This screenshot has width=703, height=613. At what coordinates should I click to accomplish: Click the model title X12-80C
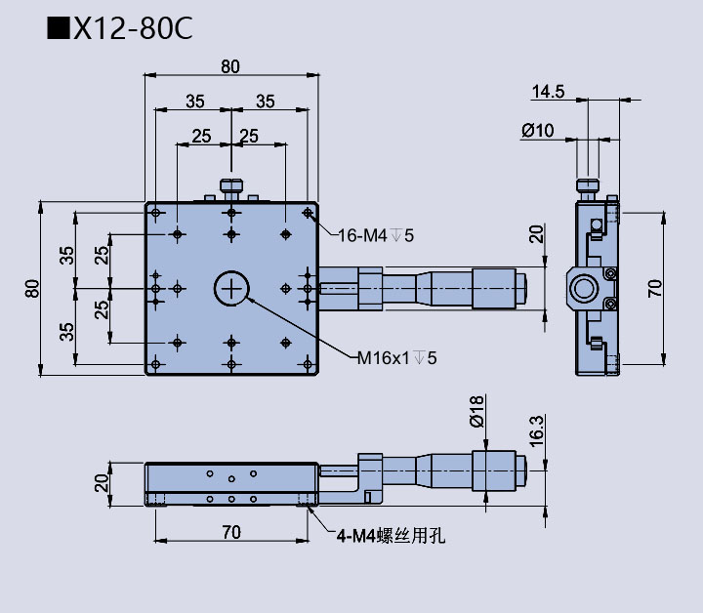[x=132, y=29]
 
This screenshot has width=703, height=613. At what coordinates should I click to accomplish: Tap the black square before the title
[x=58, y=29]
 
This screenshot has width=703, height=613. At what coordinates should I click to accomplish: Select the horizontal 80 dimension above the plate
[x=230, y=66]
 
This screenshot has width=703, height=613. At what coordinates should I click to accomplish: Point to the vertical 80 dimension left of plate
[x=33, y=289]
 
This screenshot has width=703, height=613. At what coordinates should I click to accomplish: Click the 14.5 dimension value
[x=548, y=92]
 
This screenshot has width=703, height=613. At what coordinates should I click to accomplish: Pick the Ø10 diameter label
[x=538, y=130]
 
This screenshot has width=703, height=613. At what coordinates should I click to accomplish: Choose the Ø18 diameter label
[x=476, y=411]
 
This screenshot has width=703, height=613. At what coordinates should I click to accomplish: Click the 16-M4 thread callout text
[x=377, y=234]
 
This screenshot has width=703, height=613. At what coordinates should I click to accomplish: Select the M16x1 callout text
[x=395, y=358]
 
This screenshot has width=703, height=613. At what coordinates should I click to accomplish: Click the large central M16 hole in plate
[x=231, y=288]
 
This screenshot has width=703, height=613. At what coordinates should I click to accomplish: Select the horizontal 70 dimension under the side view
[x=230, y=532]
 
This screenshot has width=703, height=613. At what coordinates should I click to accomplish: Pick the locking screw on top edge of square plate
[x=231, y=186]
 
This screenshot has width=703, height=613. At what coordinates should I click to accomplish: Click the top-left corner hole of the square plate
[x=156, y=213]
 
